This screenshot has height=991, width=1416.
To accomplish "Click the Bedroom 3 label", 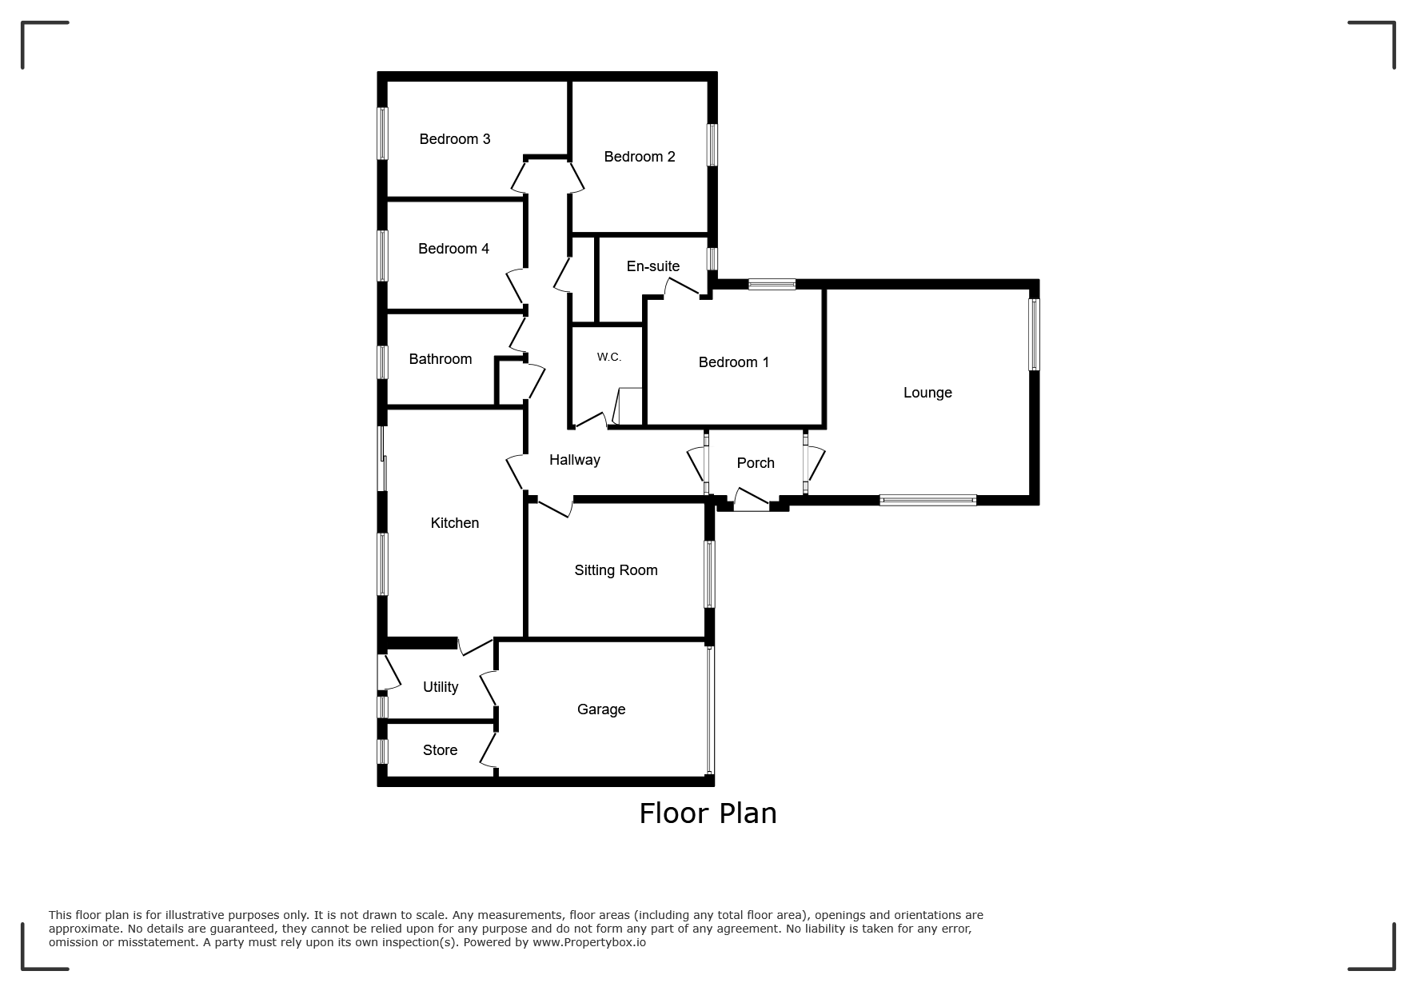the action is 455,139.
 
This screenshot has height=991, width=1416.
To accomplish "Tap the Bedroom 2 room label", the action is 640,157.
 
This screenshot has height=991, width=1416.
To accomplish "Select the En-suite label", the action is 653,266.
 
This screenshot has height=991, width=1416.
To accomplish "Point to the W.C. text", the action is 609,358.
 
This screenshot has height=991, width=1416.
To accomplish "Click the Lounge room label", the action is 927,393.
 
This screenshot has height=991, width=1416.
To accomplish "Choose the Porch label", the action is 756,463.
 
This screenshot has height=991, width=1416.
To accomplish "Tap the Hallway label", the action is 575,460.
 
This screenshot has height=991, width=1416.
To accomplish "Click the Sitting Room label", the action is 616,570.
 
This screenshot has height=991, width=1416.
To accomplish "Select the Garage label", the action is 601,709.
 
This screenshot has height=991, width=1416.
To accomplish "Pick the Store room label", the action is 441,750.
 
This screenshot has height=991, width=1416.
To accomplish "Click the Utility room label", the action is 441,687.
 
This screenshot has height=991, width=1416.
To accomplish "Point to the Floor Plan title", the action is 708,813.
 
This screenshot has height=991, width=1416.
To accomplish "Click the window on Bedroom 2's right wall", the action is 712,145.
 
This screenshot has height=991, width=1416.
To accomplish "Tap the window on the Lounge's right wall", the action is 1034,334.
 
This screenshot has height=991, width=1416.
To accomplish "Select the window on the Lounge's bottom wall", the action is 928,501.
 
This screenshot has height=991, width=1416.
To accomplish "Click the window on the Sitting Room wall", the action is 709,574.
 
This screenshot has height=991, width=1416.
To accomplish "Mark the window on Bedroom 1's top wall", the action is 772,284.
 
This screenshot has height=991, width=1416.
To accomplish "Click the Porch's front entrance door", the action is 752,501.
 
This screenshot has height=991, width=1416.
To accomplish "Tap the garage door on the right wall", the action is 709,710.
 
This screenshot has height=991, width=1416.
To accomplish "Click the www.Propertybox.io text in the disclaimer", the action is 589,942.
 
